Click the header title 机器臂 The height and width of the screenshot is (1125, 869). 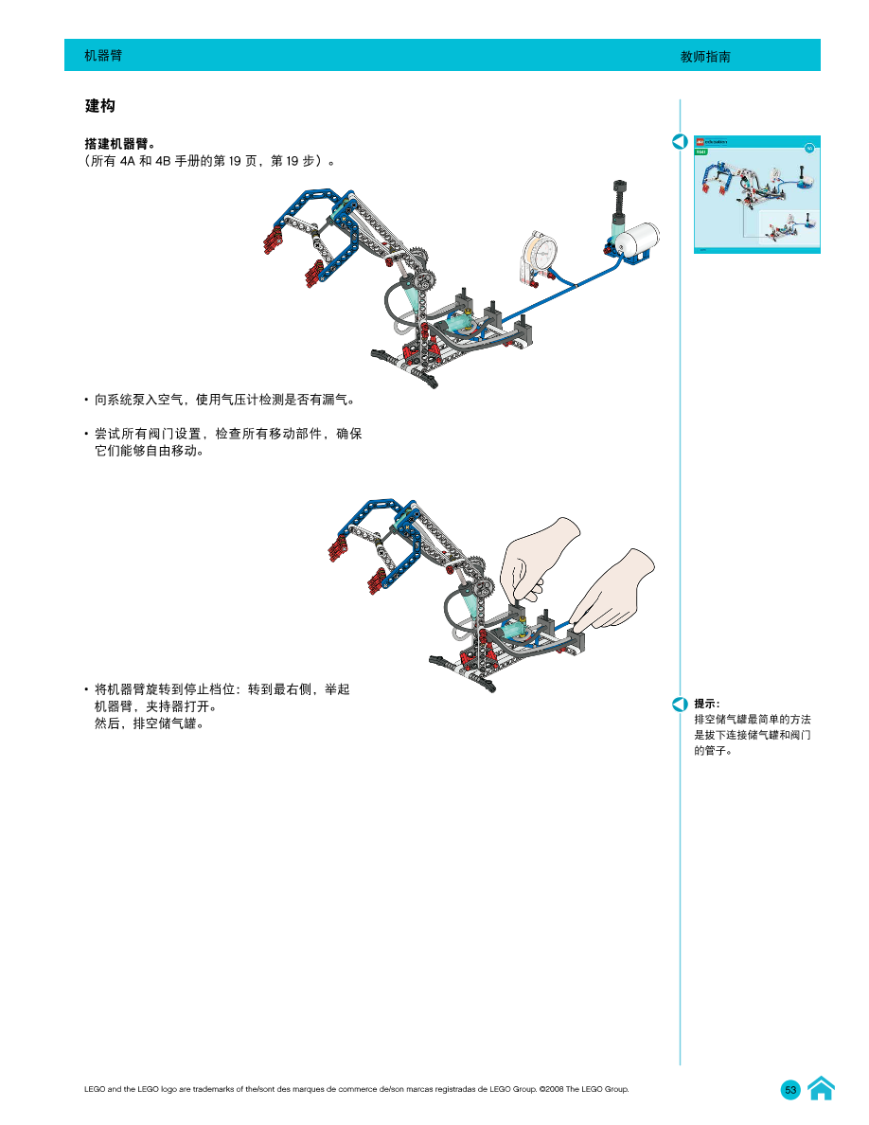click(x=103, y=56)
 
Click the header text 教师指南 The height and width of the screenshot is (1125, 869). click(x=705, y=57)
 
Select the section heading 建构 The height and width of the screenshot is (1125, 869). click(x=99, y=105)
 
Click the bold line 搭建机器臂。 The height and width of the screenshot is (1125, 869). click(x=120, y=145)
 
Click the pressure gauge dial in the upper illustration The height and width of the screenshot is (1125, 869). click(x=541, y=255)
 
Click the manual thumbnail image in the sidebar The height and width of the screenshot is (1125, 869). click(x=756, y=194)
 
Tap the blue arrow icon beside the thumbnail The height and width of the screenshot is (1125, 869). click(x=680, y=142)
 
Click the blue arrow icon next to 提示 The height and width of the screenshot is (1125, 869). click(x=680, y=705)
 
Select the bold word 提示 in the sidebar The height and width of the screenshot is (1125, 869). click(x=706, y=704)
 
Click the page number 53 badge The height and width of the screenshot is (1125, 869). click(x=790, y=1090)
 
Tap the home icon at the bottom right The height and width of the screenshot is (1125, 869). click(x=821, y=1089)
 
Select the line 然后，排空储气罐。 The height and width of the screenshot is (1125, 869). click(x=150, y=724)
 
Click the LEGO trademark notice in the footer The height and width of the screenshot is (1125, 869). click(x=357, y=1089)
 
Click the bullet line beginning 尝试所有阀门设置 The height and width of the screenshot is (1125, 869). click(x=227, y=434)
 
